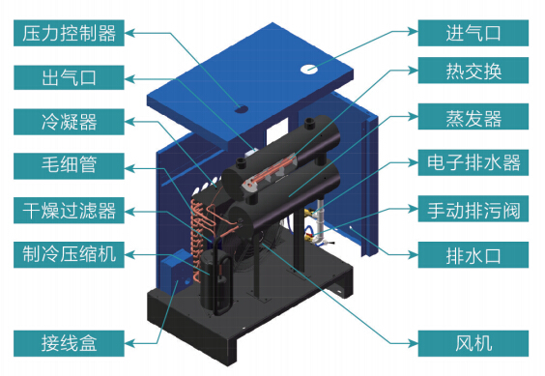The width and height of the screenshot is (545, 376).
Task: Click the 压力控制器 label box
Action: [x=69, y=33]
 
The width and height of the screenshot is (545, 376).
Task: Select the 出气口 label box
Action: [x=69, y=77]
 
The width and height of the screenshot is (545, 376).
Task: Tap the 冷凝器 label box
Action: [x=69, y=122]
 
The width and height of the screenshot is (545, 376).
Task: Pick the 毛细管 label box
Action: [x=69, y=166]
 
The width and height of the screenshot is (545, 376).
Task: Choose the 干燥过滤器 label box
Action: [x=69, y=211]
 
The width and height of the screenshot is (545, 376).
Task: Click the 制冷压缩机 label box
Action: [x=69, y=255]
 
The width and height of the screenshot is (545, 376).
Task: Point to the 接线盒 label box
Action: [x=69, y=344]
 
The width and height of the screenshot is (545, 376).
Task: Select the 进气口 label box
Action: [x=473, y=33]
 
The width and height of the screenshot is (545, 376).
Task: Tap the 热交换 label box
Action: [x=473, y=71]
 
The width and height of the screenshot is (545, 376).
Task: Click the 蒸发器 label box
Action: [x=473, y=117]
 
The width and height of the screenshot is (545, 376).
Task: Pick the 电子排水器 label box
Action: [x=473, y=162]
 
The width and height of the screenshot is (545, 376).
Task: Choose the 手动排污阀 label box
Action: [x=473, y=209]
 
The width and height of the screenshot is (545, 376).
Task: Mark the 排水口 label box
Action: [x=473, y=255]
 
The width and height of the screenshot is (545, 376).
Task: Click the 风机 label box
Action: [x=473, y=344]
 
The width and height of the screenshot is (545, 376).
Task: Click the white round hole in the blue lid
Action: [x=309, y=69]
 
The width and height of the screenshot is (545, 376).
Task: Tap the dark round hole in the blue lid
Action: [x=241, y=109]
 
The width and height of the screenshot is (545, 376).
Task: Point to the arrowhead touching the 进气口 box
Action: [x=414, y=31]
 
